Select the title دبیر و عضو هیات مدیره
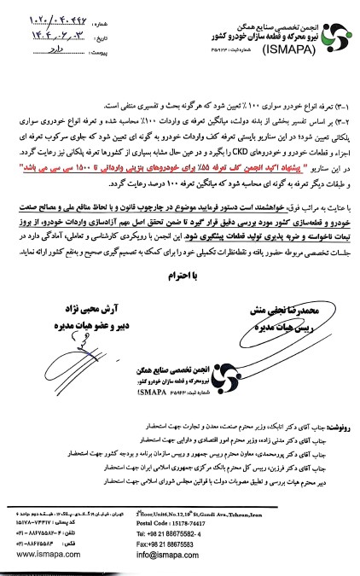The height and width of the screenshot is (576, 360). (x=75, y=318)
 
